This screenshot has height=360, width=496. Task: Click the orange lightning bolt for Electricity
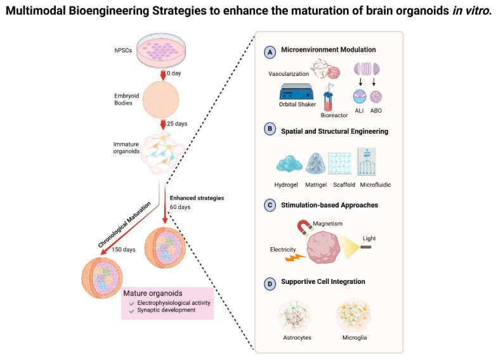[295, 257]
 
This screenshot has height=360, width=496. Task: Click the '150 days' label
[124, 249]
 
